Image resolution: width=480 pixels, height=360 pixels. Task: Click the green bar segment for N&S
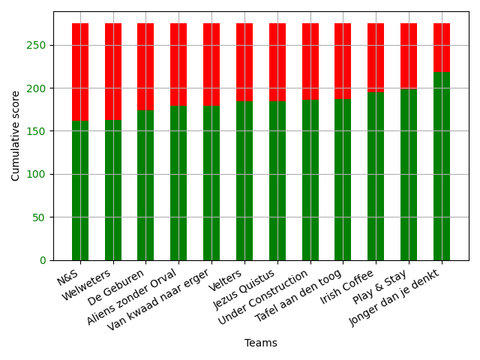point(80,190)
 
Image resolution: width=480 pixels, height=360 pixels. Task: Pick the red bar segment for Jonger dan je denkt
point(442,47)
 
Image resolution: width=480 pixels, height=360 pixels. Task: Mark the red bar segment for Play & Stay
point(409,56)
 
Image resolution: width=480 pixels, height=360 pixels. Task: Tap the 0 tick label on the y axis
point(43,260)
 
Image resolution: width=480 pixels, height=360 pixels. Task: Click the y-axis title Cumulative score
point(16,136)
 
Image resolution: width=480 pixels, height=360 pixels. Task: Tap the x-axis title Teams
point(261,343)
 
